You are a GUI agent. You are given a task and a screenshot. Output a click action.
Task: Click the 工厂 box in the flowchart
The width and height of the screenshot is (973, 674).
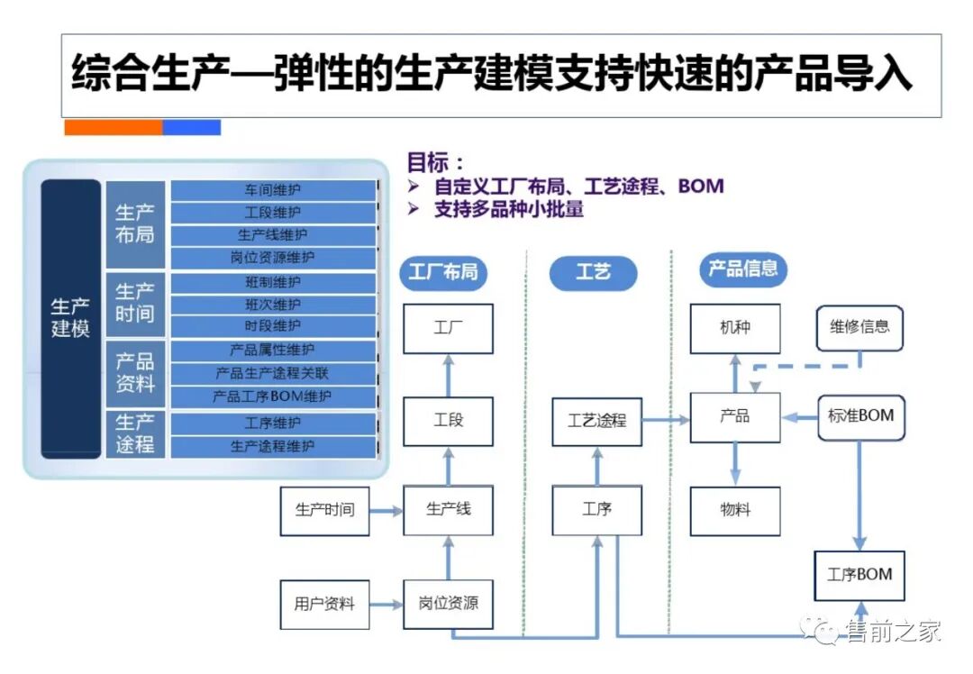pyautogui.click(x=448, y=328)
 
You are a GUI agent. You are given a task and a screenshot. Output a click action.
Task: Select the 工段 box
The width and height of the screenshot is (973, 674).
pyautogui.click(x=448, y=421)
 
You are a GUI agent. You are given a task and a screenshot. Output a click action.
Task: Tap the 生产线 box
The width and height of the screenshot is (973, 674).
pyautogui.click(x=448, y=510)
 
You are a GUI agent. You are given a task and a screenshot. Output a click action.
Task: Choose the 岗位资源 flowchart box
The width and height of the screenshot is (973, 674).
pyautogui.click(x=448, y=603)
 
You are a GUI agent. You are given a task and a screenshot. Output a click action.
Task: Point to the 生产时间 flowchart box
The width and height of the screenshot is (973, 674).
pyautogui.click(x=324, y=510)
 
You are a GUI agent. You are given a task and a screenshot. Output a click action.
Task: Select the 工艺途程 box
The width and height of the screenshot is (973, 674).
pyautogui.click(x=596, y=421)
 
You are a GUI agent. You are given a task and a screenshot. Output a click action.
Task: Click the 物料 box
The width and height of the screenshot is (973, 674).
pyautogui.click(x=735, y=510)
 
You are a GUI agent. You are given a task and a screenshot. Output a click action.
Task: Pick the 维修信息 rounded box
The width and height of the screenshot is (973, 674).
pyautogui.click(x=859, y=327)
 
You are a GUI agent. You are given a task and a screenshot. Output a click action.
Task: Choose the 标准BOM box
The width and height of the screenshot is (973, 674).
pyautogui.click(x=860, y=416)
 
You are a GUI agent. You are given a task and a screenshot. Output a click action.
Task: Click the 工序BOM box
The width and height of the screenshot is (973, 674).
pyautogui.click(x=859, y=574)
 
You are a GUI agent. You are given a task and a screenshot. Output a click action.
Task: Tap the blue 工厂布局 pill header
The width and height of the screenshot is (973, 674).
pyautogui.click(x=443, y=272)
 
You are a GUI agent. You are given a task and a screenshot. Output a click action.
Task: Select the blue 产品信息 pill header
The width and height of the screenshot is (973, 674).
pyautogui.click(x=742, y=269)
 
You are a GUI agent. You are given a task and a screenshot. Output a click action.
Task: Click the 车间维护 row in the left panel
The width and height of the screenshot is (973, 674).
pyautogui.click(x=272, y=191)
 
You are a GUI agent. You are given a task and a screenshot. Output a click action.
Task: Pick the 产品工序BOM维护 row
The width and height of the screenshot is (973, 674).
pyautogui.click(x=272, y=396)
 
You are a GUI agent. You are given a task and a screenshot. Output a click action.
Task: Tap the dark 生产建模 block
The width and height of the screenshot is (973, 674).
pyautogui.click(x=70, y=318)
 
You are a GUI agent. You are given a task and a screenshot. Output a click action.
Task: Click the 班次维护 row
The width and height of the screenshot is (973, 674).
pyautogui.click(x=272, y=305)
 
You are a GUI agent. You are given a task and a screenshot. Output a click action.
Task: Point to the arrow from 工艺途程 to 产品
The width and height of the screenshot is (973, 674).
pyautogui.click(x=666, y=420)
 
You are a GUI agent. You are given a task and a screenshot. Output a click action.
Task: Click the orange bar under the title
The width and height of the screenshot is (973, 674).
pyautogui.click(x=113, y=128)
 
